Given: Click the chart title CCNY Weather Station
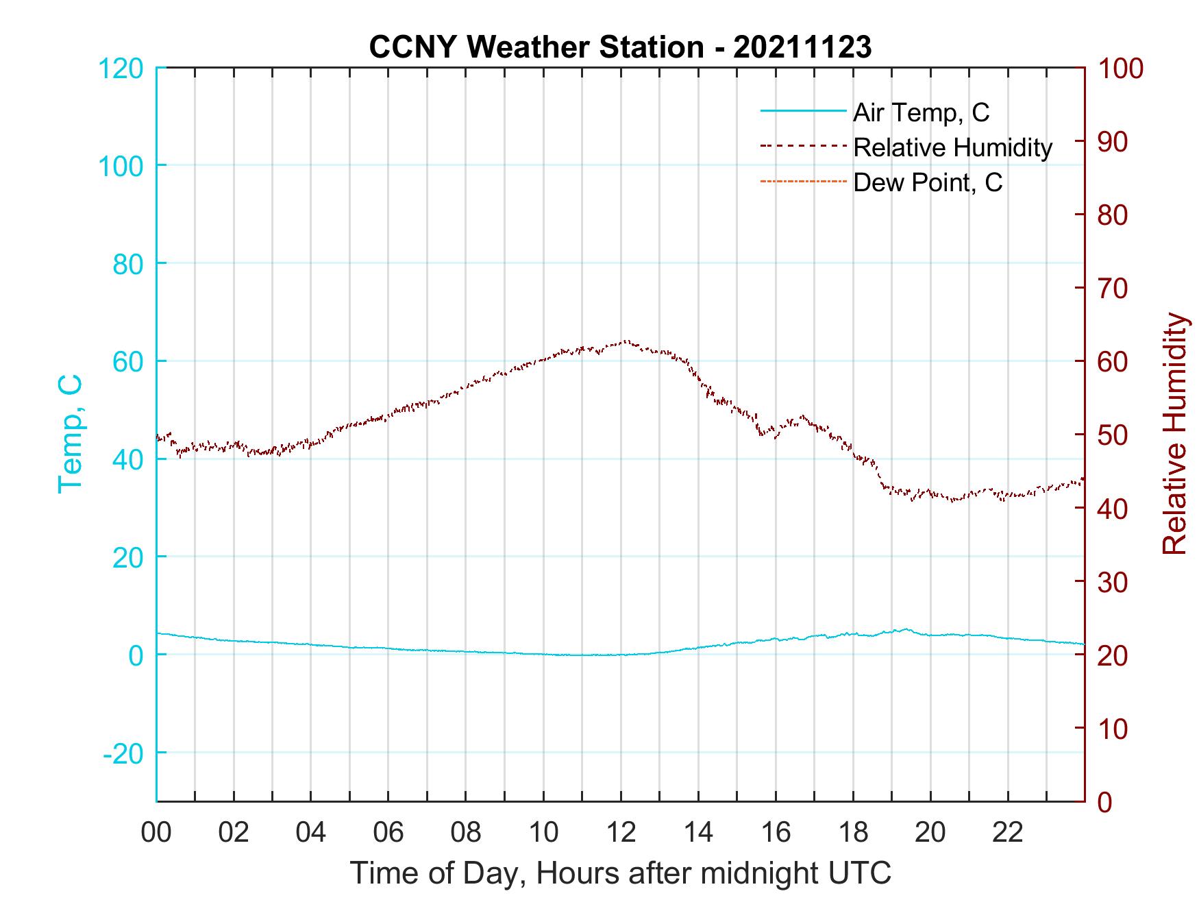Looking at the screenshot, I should tap(620, 47).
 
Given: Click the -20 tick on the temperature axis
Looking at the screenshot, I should tap(123, 753).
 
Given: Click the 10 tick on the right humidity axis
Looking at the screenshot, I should tap(1113, 729).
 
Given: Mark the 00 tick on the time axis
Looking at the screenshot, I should tap(156, 833).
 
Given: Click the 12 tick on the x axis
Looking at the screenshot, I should tap(621, 833).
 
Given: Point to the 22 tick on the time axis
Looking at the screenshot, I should tap(1008, 833).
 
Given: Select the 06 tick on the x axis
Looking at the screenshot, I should tap(388, 833).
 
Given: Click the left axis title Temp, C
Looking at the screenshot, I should tap(70, 434).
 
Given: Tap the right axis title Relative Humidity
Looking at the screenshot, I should tap(1174, 434).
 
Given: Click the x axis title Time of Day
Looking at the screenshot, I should tap(620, 873).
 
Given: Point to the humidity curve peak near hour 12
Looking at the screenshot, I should tap(625, 341).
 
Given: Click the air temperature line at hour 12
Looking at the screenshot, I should tap(621, 655).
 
